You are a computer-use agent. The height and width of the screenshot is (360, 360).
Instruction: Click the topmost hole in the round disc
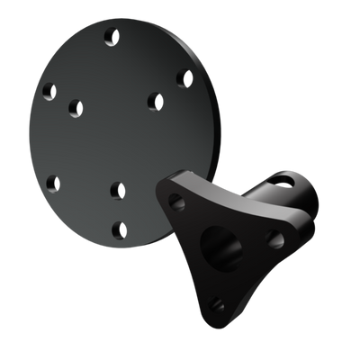[112, 38]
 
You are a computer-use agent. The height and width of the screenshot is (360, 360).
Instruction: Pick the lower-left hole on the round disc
[52, 183]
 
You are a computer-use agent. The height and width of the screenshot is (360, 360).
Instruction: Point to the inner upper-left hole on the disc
[76, 108]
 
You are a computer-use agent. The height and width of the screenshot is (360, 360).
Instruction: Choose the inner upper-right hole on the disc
[154, 100]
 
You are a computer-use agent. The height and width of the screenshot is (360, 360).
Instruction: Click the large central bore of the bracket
[220, 242]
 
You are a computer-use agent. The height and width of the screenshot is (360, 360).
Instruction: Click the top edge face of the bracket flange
[193, 179]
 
